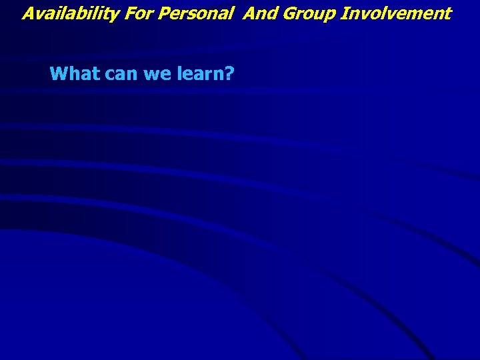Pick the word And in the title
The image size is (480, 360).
pos(259,13)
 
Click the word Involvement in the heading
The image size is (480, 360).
pos(396,13)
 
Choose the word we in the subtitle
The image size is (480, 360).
pos(157,74)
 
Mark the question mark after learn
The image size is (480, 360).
pos(229,73)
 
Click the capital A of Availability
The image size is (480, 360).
pos(28,13)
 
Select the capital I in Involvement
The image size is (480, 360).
pos(344,13)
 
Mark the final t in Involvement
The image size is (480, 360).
pos(448,13)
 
